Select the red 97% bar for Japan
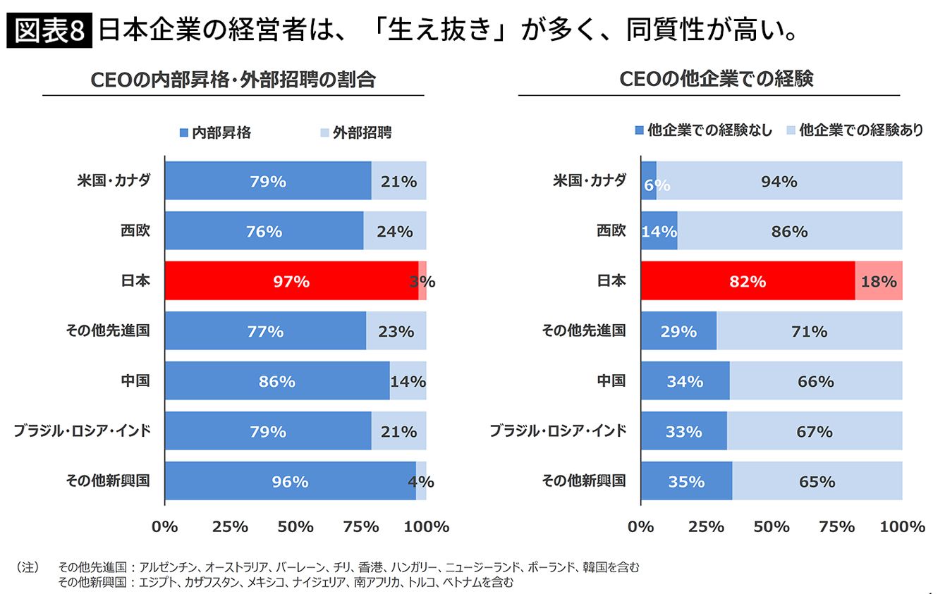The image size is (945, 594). click(291, 280)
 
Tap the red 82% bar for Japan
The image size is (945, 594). click(748, 280)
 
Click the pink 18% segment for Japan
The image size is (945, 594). click(879, 280)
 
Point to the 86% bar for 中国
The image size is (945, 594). click(276, 380)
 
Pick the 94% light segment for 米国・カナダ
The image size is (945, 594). click(779, 180)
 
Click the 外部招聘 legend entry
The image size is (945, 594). click(356, 132)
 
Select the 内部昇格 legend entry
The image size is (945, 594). click(215, 132)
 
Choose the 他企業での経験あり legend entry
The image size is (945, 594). click(855, 130)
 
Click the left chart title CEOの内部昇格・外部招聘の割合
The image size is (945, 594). click(233, 80)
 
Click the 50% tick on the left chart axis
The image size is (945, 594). click(295, 526)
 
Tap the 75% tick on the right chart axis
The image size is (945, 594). click(837, 526)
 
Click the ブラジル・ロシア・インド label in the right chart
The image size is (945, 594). click(558, 431)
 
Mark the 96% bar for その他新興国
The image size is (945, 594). click(290, 481)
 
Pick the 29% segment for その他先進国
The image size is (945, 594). click(678, 330)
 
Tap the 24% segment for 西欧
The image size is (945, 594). click(395, 230)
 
